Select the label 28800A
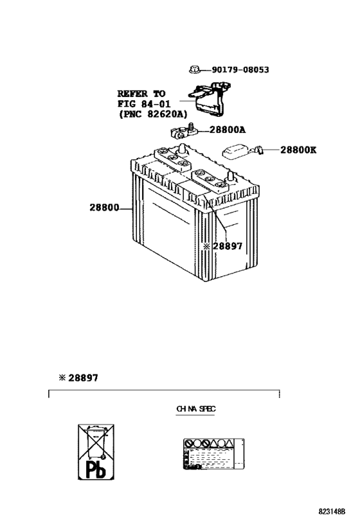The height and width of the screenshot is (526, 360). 227,130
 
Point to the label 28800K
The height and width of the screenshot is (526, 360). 298,150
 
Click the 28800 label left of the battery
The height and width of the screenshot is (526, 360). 105,208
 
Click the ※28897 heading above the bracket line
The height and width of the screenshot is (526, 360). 76,378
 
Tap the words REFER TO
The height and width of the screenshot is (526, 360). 141,93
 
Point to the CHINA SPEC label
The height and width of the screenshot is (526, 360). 195,408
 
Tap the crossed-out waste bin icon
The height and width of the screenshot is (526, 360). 94,439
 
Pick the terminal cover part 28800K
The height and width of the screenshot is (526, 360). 240,151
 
